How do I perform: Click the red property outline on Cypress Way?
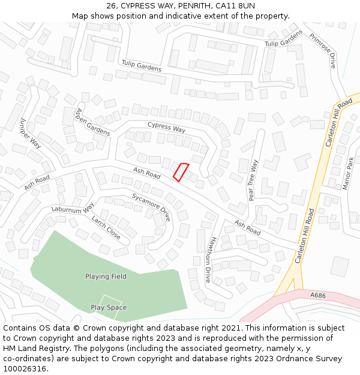click(181, 172)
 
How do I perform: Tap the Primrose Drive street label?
click(323, 50)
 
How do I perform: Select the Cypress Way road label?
click(166, 128)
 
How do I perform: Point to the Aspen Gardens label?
click(93, 122)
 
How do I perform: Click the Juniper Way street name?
click(31, 133)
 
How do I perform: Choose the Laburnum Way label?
click(73, 209)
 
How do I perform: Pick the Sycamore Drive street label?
click(152, 207)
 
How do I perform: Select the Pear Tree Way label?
click(254, 179)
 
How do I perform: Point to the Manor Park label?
click(348, 173)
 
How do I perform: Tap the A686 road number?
click(318, 296)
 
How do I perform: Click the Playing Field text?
click(106, 277)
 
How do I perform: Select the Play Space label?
click(109, 308)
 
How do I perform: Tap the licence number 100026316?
click(24, 368)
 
